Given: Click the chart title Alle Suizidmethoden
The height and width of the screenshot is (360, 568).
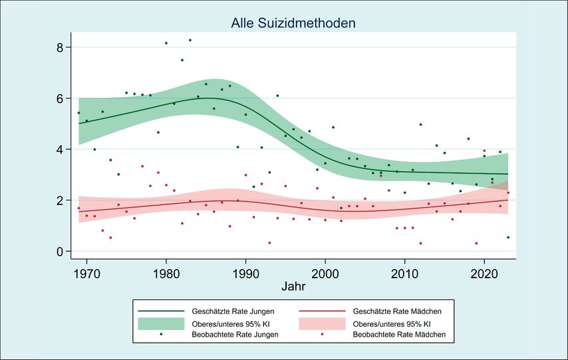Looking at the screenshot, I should click(x=293, y=23).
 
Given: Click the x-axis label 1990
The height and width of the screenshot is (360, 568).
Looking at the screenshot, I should click(x=245, y=273).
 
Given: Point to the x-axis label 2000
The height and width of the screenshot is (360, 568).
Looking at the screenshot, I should click(x=325, y=273).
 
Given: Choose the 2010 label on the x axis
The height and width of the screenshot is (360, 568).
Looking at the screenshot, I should click(x=404, y=273).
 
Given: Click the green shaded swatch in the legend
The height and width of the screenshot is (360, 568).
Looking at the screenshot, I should click(x=160, y=323).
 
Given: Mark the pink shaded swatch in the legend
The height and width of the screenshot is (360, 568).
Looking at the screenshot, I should click(x=322, y=323).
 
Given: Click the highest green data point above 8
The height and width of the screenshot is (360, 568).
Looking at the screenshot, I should click(x=190, y=40).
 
